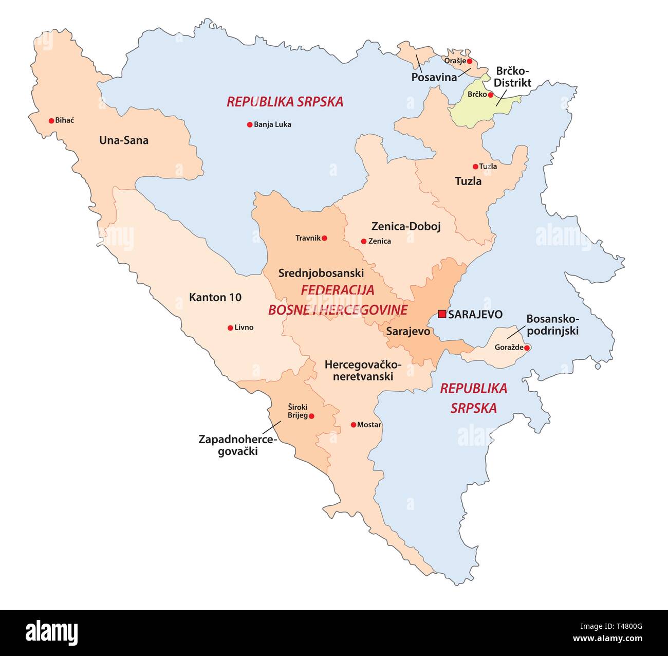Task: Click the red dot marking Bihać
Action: [51, 121]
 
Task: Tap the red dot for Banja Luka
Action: [250, 124]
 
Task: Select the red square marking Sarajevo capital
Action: [442, 314]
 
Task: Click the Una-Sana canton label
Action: [124, 140]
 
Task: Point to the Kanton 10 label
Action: [215, 297]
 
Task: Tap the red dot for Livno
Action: [230, 327]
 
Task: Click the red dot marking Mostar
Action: [354, 425]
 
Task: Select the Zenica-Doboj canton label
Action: [406, 226]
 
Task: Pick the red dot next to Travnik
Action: [324, 238]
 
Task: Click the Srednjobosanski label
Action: [321, 273]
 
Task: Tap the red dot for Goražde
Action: [527, 348]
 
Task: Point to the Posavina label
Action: [434, 77]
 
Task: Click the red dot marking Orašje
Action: [469, 61]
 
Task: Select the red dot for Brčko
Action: [491, 95]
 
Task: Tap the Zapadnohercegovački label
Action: [237, 446]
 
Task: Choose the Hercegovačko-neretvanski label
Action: [363, 370]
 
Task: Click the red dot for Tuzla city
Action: [475, 167]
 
